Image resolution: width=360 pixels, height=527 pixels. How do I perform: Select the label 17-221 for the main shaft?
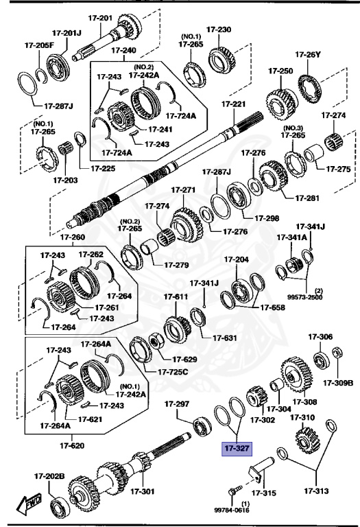tap(233, 104)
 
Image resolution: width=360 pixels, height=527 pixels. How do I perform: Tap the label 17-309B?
tap(338, 383)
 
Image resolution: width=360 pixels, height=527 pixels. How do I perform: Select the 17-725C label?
tap(173, 371)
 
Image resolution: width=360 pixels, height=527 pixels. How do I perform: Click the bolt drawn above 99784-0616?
tap(234, 491)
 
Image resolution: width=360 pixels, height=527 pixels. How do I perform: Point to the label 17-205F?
tap(39, 45)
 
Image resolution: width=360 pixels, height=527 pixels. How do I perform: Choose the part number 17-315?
tap(263, 492)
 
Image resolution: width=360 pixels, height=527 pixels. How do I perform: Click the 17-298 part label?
tap(267, 218)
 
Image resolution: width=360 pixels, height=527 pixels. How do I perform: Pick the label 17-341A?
tap(289, 237)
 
